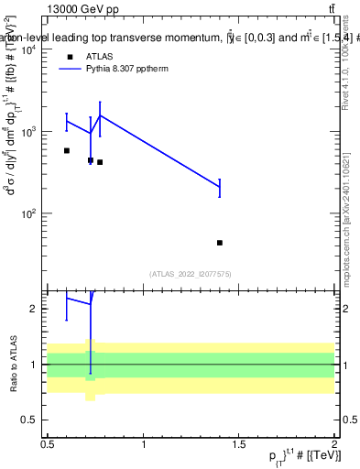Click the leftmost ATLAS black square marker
click(67, 150)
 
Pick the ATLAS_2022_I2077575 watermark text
click(191, 274)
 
